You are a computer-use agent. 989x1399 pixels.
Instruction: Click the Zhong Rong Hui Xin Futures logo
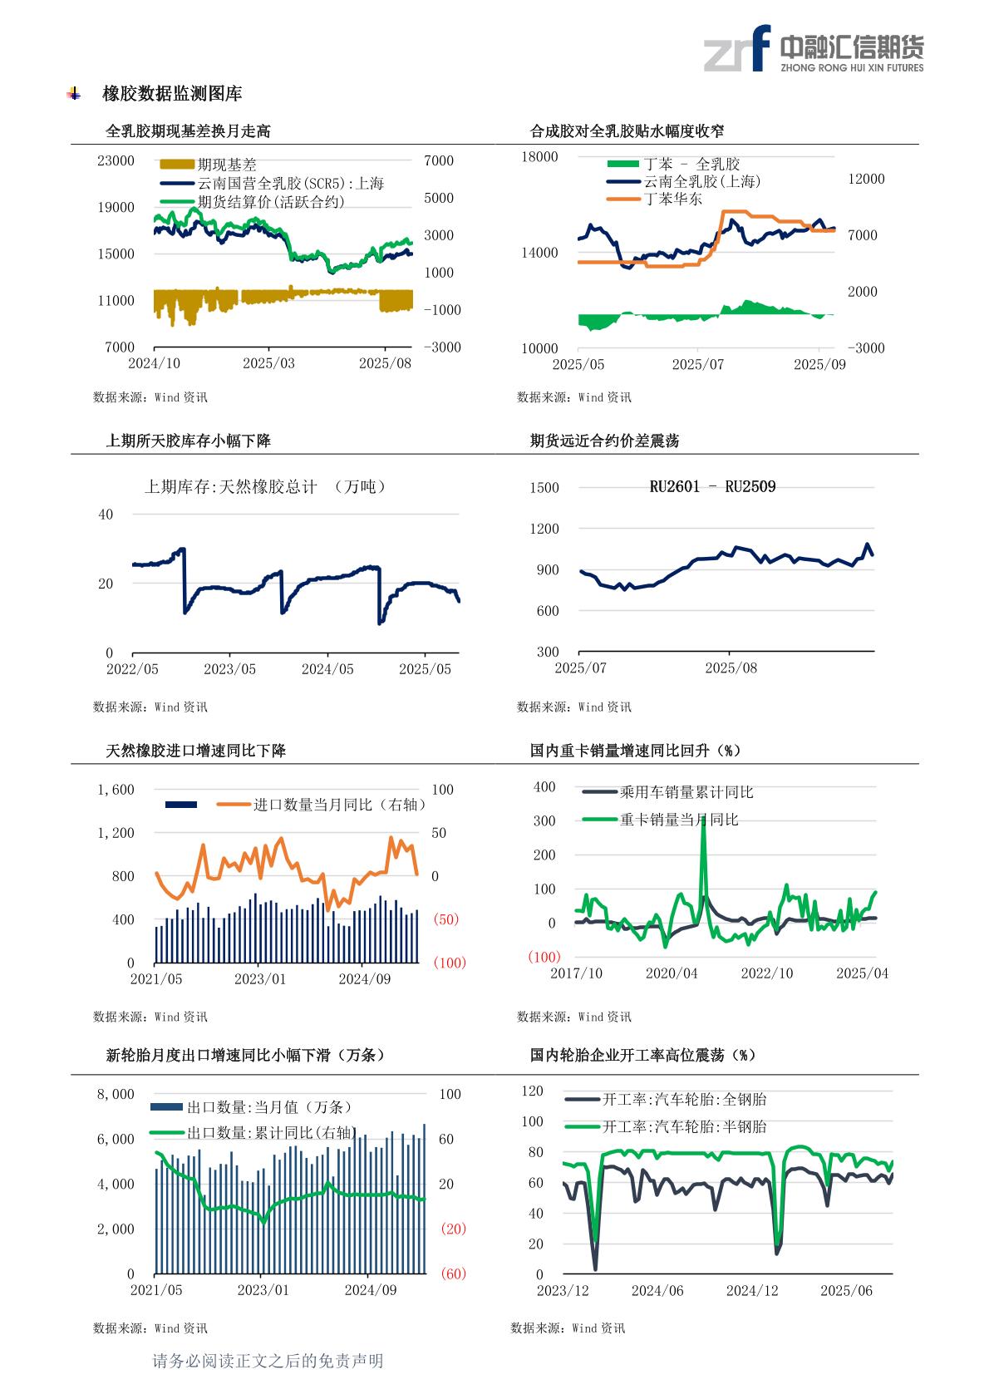(x=813, y=49)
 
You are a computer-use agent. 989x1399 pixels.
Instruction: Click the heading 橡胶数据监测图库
(x=172, y=94)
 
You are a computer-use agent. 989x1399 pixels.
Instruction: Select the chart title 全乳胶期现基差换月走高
(x=189, y=131)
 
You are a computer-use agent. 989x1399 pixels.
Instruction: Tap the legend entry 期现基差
(x=227, y=165)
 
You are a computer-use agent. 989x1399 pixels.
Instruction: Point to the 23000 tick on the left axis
(x=116, y=160)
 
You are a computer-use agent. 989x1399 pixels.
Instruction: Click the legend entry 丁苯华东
(x=673, y=200)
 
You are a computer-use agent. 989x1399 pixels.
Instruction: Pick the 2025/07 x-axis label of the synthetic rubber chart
(x=698, y=364)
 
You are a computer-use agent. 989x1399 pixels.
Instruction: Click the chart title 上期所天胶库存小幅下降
(x=189, y=441)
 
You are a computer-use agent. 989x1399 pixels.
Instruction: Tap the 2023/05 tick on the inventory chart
(x=230, y=669)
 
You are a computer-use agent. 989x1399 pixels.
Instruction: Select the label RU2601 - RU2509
(x=712, y=487)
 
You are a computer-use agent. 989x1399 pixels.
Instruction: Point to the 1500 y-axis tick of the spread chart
(x=544, y=488)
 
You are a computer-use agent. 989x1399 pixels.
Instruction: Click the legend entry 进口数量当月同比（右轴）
(x=340, y=805)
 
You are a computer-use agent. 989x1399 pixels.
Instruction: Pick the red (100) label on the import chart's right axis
(x=450, y=963)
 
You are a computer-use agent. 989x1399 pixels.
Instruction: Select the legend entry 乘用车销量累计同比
(x=686, y=793)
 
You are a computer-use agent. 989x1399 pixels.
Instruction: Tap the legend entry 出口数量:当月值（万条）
(x=269, y=1107)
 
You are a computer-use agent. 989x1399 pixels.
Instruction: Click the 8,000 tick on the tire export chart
(x=116, y=1094)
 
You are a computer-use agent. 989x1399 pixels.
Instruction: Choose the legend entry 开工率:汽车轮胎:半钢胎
(x=684, y=1127)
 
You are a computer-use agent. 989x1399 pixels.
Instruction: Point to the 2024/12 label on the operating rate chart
(x=752, y=1290)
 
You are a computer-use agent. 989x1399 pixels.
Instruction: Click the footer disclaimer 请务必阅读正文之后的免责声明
(x=268, y=1361)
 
